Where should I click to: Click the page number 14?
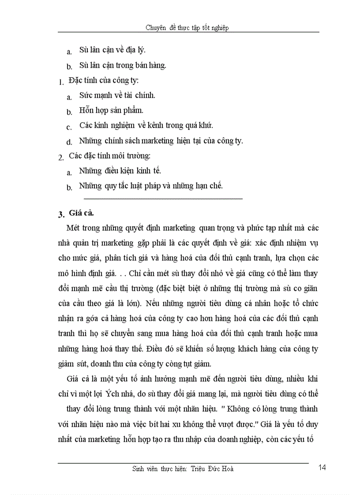coord(322,468)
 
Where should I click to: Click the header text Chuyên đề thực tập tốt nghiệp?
coord(187,28)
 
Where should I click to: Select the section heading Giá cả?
coord(82,213)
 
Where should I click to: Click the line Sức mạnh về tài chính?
coord(117,95)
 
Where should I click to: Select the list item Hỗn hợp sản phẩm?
coord(111,110)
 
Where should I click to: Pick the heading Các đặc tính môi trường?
coord(110,156)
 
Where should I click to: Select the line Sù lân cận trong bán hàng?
coord(122,65)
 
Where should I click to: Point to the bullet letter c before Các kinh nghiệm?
coord(69,127)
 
